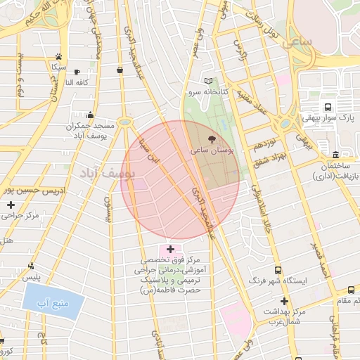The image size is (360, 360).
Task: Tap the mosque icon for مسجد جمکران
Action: click(90, 115)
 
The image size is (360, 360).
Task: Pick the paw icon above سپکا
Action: click(59, 56)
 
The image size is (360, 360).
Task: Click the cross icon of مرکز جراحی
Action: click(11, 205)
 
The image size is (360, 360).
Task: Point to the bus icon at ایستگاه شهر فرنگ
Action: click(279, 269)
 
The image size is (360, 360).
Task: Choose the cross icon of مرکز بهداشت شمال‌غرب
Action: click(283, 300)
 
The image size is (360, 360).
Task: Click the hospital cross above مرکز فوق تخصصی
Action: click(170, 249)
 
